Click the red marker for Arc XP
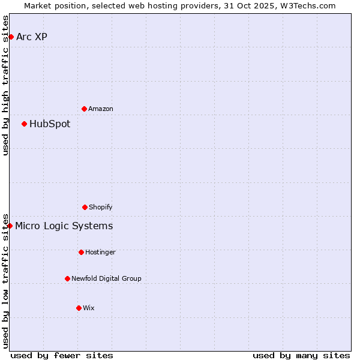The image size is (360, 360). [11, 37]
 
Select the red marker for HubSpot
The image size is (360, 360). [24, 124]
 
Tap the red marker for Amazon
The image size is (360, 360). [84, 109]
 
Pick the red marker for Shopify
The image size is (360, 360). [85, 207]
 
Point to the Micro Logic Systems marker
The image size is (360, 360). [10, 226]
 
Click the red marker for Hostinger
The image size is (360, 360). [81, 252]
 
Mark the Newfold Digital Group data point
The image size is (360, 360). [67, 278]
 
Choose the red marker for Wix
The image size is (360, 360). [79, 308]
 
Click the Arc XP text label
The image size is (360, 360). [32, 37]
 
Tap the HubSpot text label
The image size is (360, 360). [50, 124]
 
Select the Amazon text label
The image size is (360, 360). [101, 109]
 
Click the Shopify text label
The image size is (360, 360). [101, 207]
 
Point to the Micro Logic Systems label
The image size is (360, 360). [64, 226]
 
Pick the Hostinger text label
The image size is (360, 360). [100, 252]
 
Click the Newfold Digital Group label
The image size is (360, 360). [106, 278]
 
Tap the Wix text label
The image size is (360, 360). [89, 308]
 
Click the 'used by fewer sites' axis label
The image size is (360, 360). [62, 355]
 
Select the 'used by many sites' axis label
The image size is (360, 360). [301, 355]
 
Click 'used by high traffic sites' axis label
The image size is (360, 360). [5, 85]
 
